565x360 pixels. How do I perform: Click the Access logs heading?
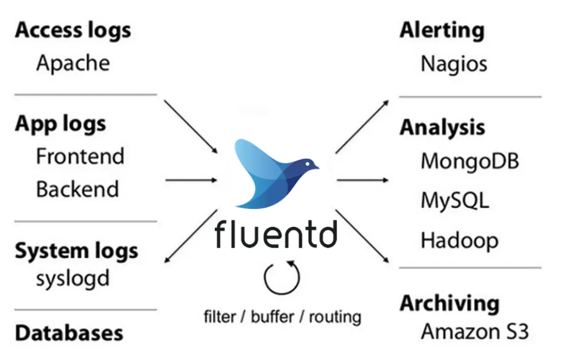tap(73, 30)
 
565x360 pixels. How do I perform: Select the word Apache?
tap(73, 63)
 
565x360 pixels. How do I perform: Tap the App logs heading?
tap(60, 124)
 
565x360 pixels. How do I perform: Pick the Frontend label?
tap(80, 156)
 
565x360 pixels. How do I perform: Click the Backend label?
tap(78, 189)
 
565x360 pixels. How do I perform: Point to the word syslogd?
tap(73, 279)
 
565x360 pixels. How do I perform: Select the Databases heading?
tap(69, 333)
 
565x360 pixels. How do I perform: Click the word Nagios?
tap(453, 64)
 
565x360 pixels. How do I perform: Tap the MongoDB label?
tap(470, 161)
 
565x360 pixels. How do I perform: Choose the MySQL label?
tap(455, 200)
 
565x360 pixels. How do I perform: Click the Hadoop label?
tap(459, 240)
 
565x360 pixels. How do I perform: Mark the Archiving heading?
tap(449, 303)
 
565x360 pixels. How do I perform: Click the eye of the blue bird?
tap(308, 163)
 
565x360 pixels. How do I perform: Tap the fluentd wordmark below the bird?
tap(276, 235)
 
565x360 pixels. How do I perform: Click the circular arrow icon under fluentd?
tap(282, 277)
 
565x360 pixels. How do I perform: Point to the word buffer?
tap(272, 316)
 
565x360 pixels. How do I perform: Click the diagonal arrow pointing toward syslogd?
tap(190, 236)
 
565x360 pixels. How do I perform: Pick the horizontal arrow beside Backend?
tap(191, 180)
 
